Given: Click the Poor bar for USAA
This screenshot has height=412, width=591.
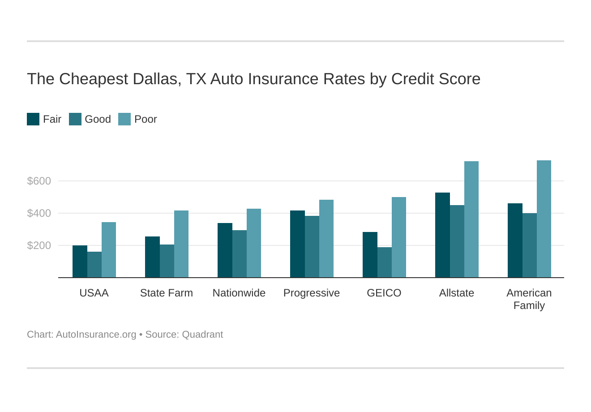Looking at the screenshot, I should coord(109,250).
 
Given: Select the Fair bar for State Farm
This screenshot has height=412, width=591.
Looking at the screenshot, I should coord(152,257).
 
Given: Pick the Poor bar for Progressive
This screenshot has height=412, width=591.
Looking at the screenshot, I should coord(326,239).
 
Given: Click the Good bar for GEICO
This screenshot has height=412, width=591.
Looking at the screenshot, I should coord(385,262).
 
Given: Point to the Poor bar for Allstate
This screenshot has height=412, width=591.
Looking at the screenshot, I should coord(471,219).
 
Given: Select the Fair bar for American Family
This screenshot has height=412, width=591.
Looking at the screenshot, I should coord(515,240).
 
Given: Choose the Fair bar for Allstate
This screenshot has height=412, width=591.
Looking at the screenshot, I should coord(442,235).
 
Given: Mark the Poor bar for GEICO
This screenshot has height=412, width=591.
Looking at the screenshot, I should coord(399,237).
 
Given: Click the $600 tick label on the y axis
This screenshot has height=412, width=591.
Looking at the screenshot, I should coord(39,181).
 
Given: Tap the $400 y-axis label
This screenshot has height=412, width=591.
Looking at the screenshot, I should coord(39,213).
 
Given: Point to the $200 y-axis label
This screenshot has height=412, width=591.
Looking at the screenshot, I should coord(39,245).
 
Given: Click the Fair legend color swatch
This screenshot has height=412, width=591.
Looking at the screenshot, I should coord(33,119).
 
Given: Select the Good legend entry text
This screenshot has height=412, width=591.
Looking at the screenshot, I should coord(98,119).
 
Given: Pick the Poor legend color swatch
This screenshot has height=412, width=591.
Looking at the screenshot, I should coord(124,119).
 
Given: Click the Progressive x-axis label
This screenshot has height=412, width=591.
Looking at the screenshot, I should coord(312,293).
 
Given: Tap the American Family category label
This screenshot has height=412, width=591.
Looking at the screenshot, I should coord(529,299).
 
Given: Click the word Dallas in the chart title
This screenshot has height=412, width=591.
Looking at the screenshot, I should coord(155,79).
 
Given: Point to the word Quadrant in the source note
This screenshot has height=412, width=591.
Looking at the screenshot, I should coord(202,335).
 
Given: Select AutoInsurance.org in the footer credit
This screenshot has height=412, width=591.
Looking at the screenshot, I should coord(96,335).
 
